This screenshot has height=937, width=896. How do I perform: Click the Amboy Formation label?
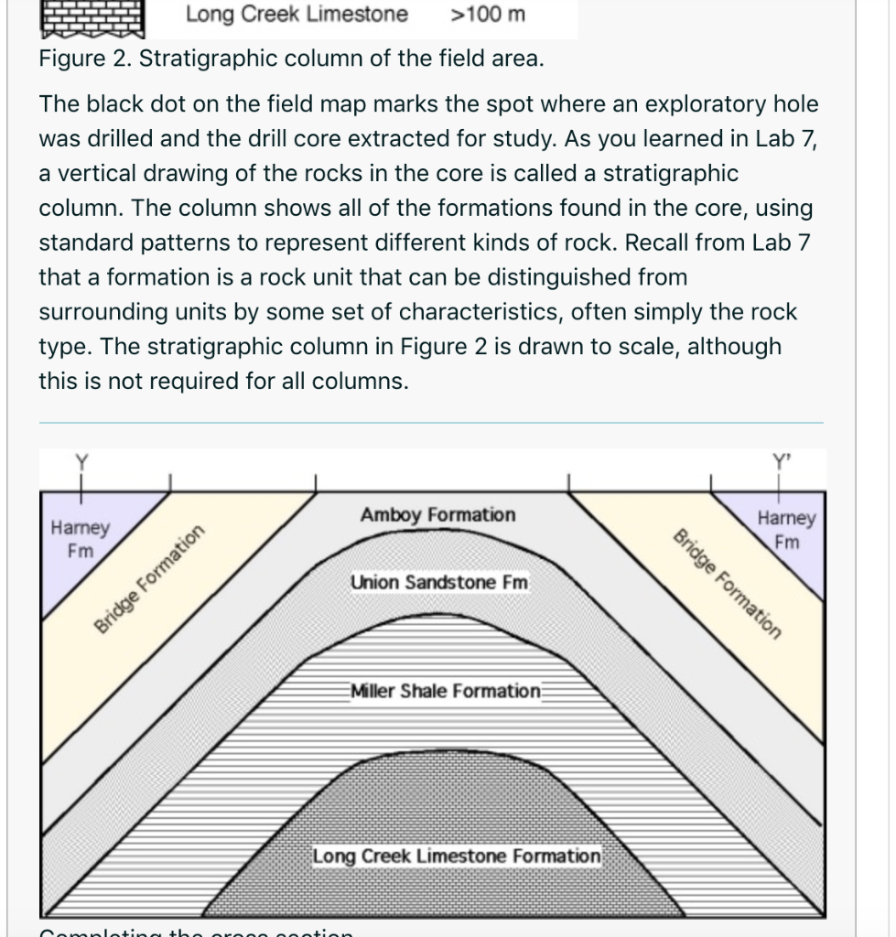tap(437, 515)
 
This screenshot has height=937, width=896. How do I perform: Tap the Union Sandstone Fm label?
tap(439, 582)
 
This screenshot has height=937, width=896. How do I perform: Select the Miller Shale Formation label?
tap(446, 691)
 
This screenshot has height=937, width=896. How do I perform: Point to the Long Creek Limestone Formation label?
tap(457, 856)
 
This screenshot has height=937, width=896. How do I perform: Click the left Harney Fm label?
tap(81, 540)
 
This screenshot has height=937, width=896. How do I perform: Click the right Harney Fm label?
tap(786, 530)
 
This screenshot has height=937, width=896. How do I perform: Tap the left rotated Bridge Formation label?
tap(148, 580)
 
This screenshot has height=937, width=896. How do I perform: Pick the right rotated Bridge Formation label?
tap(728, 582)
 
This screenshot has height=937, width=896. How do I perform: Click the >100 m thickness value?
tap(488, 15)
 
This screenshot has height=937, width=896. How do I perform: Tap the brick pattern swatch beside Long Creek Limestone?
tap(92, 16)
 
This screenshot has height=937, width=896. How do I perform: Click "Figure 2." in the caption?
tap(84, 60)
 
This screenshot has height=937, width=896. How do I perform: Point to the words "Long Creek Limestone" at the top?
tap(297, 15)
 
